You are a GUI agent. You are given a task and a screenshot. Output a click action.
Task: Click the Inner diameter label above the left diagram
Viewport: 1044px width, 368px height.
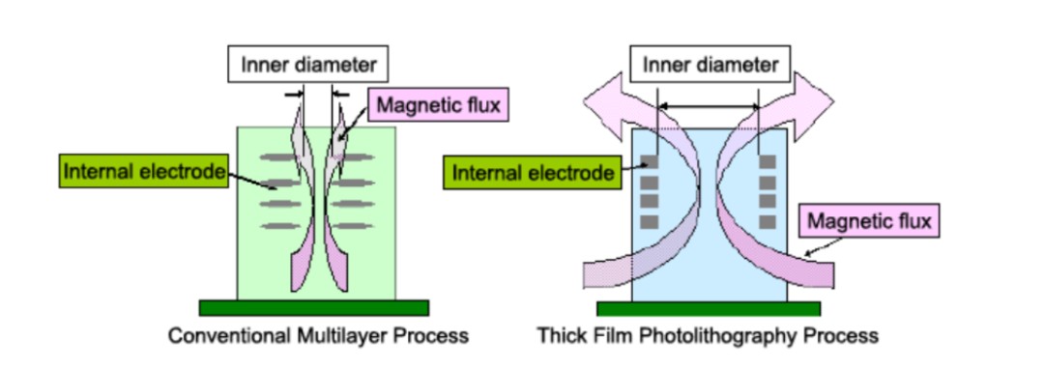point(308,65)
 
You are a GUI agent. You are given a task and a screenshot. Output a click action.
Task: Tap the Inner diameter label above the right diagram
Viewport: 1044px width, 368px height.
point(710,65)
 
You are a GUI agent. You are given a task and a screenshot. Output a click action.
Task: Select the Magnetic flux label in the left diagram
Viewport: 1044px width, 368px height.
point(438,104)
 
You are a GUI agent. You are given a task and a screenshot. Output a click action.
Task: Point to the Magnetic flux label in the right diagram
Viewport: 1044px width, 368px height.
point(869,220)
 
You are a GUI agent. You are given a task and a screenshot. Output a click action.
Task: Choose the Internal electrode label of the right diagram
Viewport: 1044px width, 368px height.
point(533,172)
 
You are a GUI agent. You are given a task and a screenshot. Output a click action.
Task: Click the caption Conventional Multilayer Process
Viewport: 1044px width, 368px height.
point(318,335)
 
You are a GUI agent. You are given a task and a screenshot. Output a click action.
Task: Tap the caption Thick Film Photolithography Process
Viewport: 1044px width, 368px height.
point(708,335)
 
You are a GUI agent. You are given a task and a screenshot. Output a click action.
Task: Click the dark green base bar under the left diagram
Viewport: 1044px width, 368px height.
point(313,307)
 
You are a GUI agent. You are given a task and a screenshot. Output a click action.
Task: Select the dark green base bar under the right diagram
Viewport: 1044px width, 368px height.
point(709,309)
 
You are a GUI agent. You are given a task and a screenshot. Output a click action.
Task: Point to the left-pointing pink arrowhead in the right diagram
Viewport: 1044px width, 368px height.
point(602,101)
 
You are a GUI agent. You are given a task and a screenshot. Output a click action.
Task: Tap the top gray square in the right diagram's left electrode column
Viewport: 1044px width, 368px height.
point(650,161)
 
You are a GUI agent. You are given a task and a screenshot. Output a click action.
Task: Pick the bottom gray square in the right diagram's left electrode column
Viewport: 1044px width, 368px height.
point(650,222)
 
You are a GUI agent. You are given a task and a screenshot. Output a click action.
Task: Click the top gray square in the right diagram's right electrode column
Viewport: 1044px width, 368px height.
point(768,161)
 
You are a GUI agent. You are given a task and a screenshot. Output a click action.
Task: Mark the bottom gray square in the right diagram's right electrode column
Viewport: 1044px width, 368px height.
point(768,222)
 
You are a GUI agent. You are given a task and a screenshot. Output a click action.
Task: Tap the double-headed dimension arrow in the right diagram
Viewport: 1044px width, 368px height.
point(709,105)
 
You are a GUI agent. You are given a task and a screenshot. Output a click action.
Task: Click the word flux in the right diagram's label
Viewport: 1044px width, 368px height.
point(914,220)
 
